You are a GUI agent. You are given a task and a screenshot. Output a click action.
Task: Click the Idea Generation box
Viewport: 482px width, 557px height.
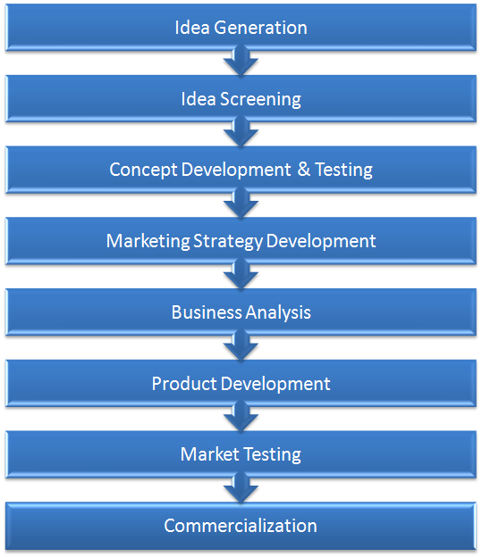(241, 28)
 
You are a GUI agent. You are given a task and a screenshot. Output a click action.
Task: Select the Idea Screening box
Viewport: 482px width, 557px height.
(241, 99)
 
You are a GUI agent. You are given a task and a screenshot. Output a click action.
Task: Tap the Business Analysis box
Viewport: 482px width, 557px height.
(241, 312)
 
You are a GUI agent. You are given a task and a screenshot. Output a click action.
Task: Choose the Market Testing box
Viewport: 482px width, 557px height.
(241, 454)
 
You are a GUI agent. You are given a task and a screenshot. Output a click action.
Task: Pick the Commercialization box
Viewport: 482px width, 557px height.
(241, 526)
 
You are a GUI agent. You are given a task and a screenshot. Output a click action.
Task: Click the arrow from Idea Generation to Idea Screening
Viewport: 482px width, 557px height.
(241, 62)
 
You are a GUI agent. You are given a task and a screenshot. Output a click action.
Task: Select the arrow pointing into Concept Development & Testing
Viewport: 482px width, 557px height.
(241, 133)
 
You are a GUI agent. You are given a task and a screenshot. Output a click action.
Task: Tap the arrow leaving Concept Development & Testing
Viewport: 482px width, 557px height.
(241, 204)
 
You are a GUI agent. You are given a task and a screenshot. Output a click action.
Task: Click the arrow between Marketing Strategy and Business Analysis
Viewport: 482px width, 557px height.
(241, 275)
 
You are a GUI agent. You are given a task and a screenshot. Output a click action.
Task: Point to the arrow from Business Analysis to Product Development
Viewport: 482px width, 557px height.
(241, 346)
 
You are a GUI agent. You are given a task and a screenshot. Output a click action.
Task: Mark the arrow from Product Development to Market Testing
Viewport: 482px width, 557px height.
(241, 418)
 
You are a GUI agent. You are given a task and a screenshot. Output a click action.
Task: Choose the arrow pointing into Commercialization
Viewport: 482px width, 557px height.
(241, 488)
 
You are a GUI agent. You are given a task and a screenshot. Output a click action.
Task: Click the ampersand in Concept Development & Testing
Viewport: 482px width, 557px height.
(304, 170)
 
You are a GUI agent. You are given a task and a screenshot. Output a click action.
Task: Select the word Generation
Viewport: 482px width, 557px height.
(260, 28)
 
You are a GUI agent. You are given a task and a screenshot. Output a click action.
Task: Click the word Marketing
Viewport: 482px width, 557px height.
(146, 241)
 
